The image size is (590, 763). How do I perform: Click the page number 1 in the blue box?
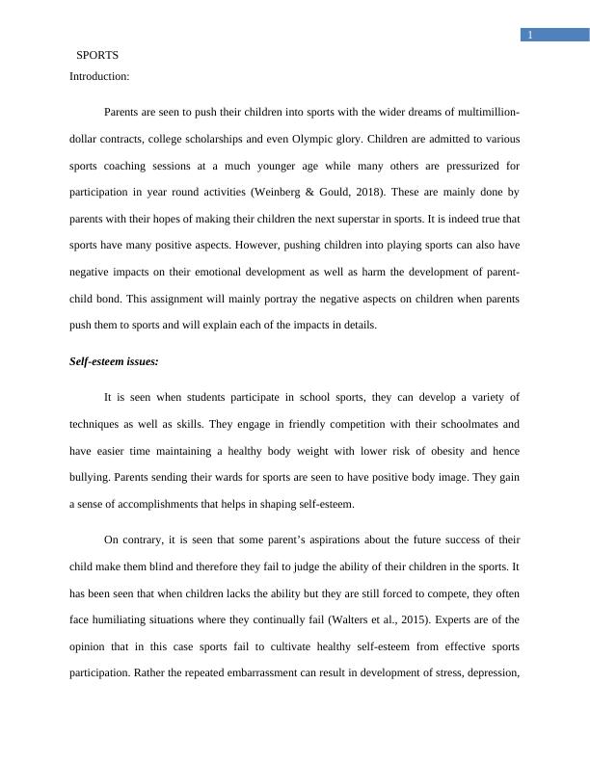pos(529,36)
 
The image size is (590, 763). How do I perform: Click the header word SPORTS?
pos(97,55)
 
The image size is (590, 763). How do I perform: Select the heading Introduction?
pos(99,75)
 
